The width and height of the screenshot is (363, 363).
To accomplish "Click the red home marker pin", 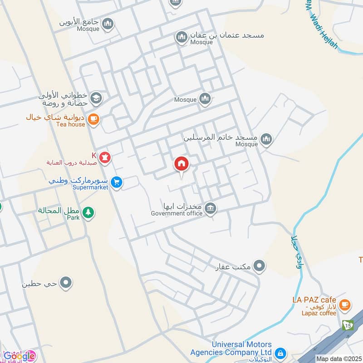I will (x=182, y=164).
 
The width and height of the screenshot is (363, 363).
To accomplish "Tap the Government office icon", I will (x=210, y=209).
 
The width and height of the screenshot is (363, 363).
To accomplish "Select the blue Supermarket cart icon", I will (x=117, y=182).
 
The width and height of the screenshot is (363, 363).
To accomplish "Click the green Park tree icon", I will (x=88, y=212).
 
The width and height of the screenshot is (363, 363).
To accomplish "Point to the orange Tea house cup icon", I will (x=93, y=119).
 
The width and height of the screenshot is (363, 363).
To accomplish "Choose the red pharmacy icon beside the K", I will (x=106, y=157).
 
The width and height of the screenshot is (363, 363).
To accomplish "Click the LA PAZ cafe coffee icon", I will (x=345, y=304).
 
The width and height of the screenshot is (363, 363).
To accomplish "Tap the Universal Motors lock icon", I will (x=280, y=353).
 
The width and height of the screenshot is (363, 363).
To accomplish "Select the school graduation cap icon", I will (x=96, y=98).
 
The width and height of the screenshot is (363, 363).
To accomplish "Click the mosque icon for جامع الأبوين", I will (x=108, y=24).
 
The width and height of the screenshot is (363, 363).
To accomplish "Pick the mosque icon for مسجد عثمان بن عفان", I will (x=181, y=37).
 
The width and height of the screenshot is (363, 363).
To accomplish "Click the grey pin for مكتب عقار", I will (x=259, y=265).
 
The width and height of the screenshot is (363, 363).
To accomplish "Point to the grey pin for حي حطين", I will (x=66, y=283).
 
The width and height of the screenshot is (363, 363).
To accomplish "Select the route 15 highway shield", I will (x=348, y=325).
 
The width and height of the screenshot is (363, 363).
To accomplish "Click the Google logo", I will (x=18, y=356).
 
